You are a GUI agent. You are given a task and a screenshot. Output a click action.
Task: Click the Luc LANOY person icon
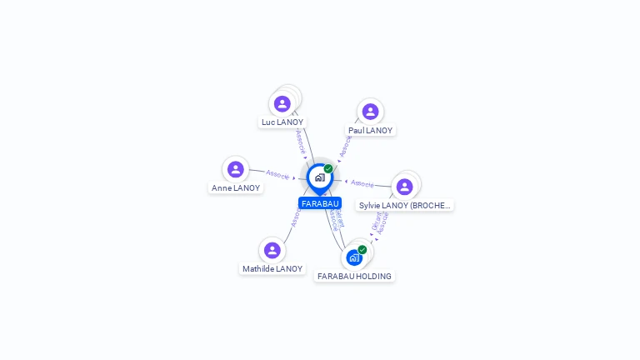point(282,103)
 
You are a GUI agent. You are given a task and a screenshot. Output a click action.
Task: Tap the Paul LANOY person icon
point(370,112)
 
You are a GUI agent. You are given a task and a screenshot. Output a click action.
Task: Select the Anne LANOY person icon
point(236,169)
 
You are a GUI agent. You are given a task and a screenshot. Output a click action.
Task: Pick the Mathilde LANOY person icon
point(272,250)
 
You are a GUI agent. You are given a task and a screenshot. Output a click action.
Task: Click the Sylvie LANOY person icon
point(404,187)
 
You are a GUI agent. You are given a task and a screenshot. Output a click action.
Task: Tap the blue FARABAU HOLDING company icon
point(354,257)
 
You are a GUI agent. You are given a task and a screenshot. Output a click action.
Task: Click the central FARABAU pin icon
point(319,177)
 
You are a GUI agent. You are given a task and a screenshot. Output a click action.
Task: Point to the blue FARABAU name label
point(320,203)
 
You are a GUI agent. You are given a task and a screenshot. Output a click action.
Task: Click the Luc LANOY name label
point(282,122)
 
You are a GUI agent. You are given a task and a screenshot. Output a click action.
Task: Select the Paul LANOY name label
point(370,130)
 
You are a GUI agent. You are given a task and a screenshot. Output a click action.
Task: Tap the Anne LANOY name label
point(236,187)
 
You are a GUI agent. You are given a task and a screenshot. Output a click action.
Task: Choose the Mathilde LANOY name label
point(272,268)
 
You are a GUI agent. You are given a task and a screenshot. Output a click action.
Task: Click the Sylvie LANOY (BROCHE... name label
point(405,205)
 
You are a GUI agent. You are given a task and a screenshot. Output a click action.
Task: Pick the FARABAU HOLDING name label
point(354,276)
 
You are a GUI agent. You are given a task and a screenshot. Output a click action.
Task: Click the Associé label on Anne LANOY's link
point(277,175)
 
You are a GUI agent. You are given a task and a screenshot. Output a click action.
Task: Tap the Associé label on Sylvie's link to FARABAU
point(362,183)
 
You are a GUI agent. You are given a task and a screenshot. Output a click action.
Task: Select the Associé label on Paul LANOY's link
point(345,147)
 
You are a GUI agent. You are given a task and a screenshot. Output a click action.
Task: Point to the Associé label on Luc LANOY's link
point(300,141)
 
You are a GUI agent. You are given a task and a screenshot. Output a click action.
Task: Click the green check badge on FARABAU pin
point(328,168)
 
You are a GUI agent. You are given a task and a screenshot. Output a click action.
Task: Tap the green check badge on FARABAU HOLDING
point(362,249)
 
